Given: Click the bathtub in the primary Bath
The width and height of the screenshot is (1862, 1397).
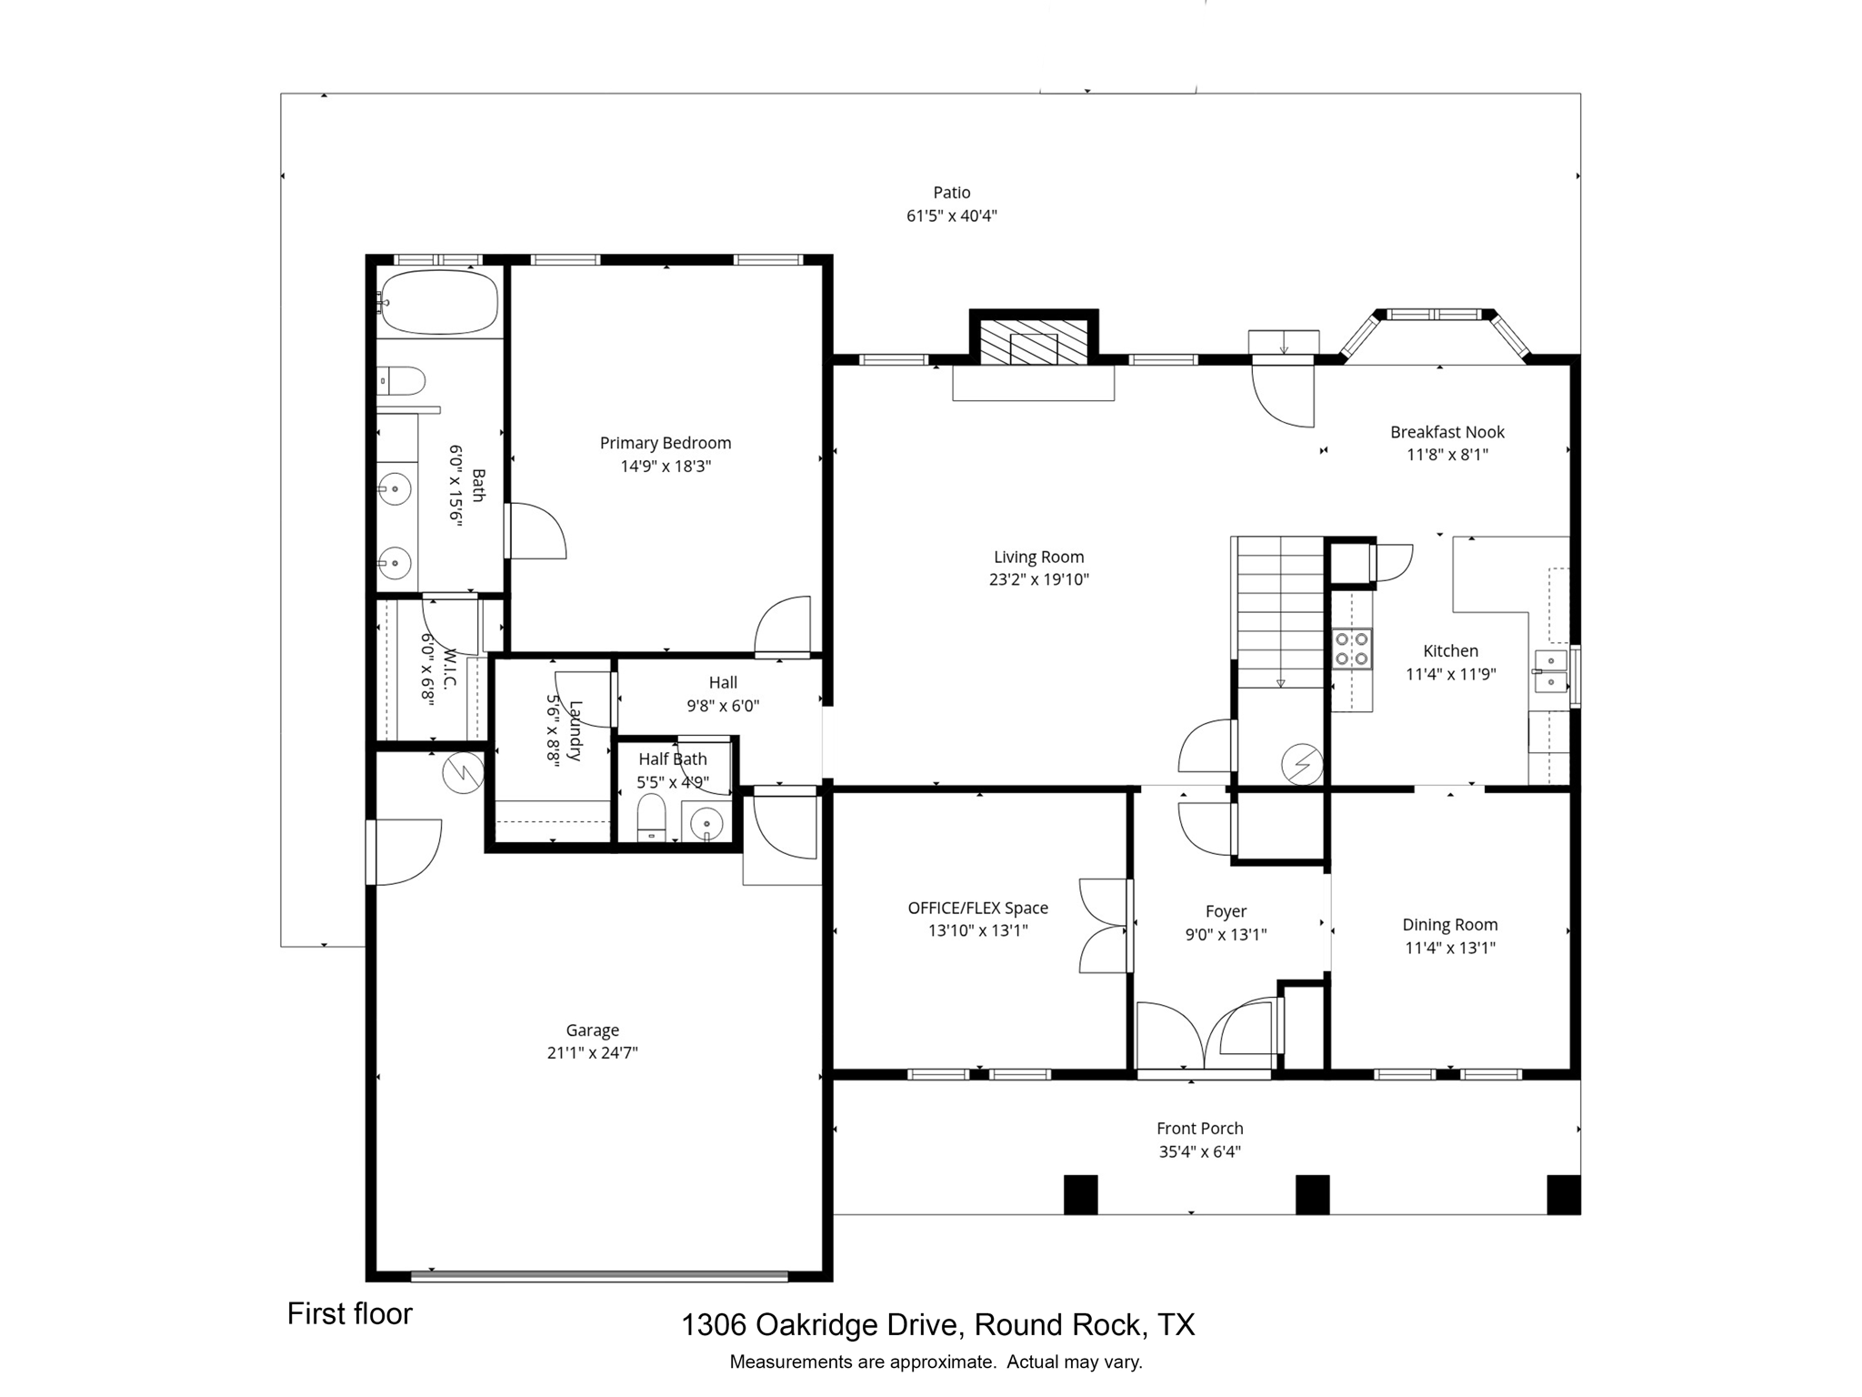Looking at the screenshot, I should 439,302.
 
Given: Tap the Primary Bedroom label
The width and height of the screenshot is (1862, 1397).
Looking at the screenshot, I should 665,443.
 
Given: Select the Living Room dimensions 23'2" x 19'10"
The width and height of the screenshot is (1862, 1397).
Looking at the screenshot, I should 1038,580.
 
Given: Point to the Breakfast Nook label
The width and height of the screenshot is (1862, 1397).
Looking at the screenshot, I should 1447,432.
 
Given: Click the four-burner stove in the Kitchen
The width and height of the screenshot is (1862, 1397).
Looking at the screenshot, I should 1352,648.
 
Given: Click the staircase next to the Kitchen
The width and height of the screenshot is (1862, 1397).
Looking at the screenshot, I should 1280,611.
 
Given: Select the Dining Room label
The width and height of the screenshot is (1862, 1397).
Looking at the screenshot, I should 1449,925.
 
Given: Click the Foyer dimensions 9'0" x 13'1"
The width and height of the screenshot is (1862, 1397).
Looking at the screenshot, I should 1226,934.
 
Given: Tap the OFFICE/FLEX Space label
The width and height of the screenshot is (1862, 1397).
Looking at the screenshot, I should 977,908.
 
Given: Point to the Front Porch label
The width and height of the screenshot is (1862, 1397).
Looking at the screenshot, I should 1199,1129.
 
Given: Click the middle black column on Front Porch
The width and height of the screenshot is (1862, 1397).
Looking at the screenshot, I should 1312,1194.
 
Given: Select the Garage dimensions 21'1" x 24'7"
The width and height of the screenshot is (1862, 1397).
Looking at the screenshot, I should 592,1053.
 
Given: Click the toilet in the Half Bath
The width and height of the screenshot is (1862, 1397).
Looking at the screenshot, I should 651,816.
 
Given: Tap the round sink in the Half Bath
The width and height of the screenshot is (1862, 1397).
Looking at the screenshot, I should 706,824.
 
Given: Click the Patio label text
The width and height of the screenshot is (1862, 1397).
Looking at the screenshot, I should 951,193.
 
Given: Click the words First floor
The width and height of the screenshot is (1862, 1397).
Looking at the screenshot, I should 349,1314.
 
